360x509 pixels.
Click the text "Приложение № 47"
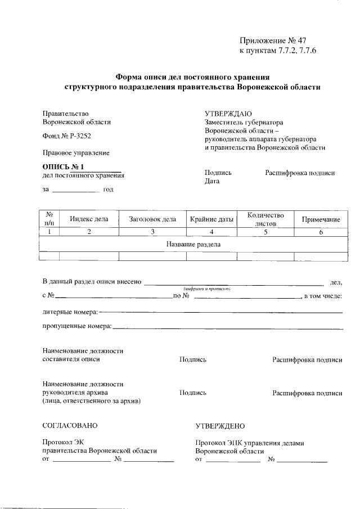272,40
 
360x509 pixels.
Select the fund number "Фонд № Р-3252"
66,137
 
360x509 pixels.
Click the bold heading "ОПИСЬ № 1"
63,167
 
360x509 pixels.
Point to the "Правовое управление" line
76,152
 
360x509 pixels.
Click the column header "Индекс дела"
89,219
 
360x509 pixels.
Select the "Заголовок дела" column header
152,219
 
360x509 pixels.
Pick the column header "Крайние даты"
211,219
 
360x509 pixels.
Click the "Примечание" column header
321,219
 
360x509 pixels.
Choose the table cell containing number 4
211,232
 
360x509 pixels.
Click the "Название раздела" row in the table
193,245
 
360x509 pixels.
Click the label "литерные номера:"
70,311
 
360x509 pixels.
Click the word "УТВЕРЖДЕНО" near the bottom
220,426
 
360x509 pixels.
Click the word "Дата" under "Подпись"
212,182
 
